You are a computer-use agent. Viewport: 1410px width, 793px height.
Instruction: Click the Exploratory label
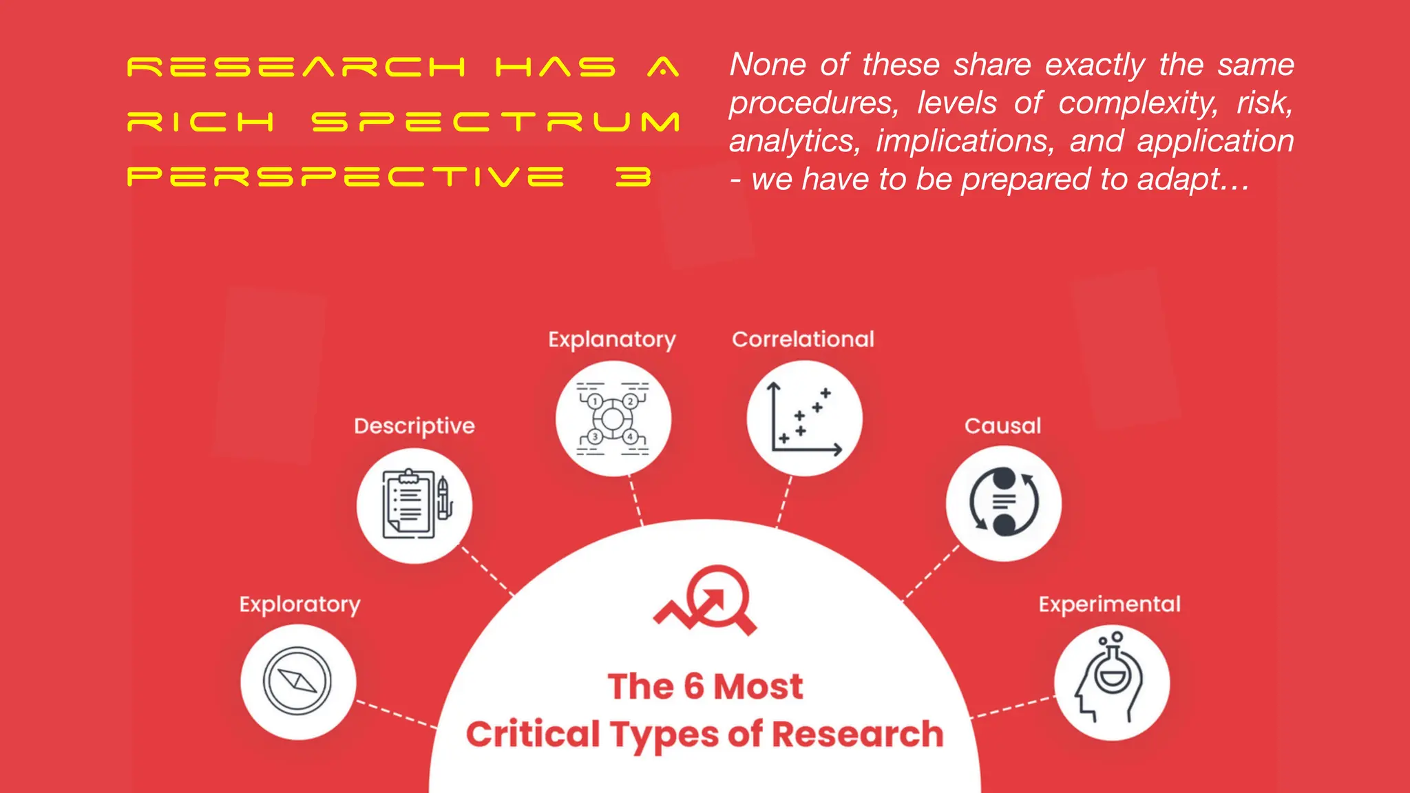(x=299, y=604)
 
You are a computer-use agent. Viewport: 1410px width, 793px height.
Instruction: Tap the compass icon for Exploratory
(x=297, y=681)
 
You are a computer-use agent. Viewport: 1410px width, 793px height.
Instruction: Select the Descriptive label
(x=414, y=426)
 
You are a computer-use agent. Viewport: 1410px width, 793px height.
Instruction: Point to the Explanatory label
(x=612, y=339)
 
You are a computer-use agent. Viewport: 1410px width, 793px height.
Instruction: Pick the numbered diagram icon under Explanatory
(x=613, y=419)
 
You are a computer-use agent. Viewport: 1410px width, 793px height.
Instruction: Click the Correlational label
(x=803, y=339)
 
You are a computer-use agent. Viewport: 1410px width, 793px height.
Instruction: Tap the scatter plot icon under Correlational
(x=804, y=419)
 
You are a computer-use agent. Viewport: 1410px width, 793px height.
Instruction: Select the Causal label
(x=1002, y=426)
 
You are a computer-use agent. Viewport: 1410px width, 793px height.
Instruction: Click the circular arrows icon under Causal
(x=1004, y=503)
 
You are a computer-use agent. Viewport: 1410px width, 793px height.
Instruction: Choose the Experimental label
(x=1109, y=604)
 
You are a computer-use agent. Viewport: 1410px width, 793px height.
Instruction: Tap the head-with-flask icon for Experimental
(x=1111, y=681)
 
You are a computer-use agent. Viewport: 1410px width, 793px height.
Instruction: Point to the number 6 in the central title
(x=694, y=686)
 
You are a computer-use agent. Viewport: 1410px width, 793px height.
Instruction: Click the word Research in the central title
(x=857, y=734)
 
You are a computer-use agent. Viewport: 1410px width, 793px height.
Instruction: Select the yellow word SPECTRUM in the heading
(x=496, y=122)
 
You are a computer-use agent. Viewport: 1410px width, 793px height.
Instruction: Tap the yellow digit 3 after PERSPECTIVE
(x=633, y=177)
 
